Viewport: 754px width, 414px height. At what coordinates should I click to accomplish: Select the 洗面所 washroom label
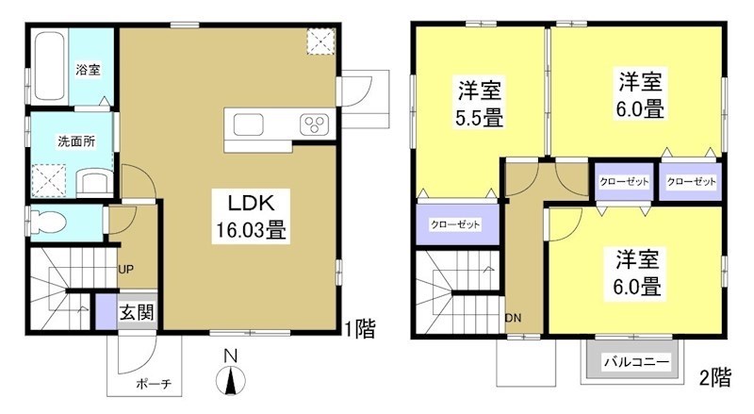pyautogui.click(x=74, y=141)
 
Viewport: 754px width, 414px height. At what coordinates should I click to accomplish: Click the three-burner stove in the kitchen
pyautogui.click(x=312, y=124)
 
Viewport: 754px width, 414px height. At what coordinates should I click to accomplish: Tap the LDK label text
pyautogui.click(x=249, y=202)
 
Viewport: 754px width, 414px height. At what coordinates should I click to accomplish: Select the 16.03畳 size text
pyautogui.click(x=249, y=228)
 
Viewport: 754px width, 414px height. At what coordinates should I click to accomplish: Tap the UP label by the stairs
pyautogui.click(x=124, y=269)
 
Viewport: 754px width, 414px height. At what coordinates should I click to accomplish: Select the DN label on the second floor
pyautogui.click(x=513, y=318)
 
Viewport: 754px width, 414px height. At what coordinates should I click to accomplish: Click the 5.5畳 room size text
pyautogui.click(x=480, y=119)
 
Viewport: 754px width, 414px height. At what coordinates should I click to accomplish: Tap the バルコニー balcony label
pyautogui.click(x=635, y=361)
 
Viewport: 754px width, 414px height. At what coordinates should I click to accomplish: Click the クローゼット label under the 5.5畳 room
pyautogui.click(x=455, y=225)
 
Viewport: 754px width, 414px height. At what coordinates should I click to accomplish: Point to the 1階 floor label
pyautogui.click(x=359, y=329)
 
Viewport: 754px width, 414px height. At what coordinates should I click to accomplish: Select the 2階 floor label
pyautogui.click(x=714, y=379)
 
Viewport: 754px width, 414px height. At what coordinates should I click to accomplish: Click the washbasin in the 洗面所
pyautogui.click(x=93, y=179)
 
